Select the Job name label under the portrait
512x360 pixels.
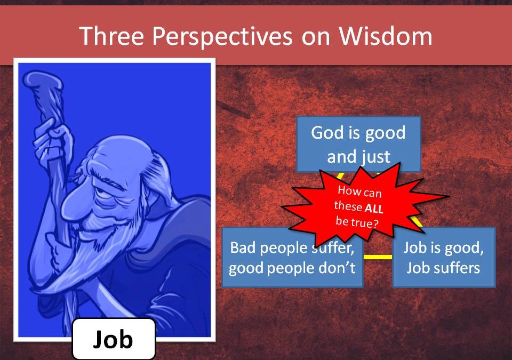click(x=113, y=339)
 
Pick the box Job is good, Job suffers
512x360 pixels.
click(x=443, y=257)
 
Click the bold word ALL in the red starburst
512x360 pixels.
click(x=373, y=209)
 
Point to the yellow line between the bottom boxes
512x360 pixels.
click(x=378, y=257)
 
